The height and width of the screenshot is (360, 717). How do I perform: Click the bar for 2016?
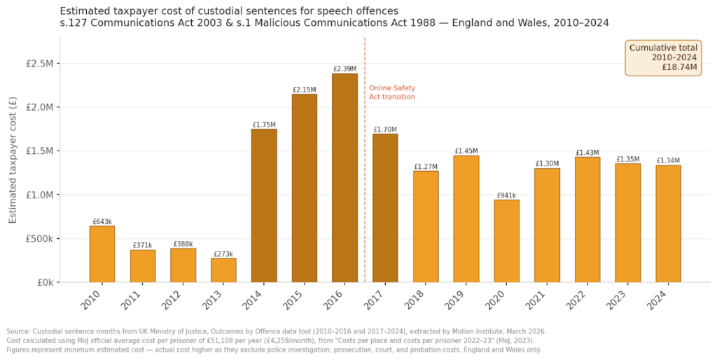[344, 178]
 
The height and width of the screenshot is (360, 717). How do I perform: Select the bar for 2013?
[223, 270]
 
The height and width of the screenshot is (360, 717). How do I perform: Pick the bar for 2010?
[102, 254]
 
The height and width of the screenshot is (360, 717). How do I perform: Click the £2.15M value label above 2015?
[304, 90]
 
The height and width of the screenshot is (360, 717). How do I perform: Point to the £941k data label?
[506, 195]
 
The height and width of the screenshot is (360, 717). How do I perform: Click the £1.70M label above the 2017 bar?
[385, 130]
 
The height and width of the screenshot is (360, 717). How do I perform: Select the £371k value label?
[142, 245]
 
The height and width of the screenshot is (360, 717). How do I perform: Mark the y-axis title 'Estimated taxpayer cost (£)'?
[13, 160]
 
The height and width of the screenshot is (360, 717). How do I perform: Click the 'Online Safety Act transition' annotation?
[392, 92]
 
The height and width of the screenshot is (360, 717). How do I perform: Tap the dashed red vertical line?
[365, 210]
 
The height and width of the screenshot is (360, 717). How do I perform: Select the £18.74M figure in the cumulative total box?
[679, 67]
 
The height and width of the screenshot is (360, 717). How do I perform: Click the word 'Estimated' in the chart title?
[84, 11]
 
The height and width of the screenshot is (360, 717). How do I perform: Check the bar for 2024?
[669, 223]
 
